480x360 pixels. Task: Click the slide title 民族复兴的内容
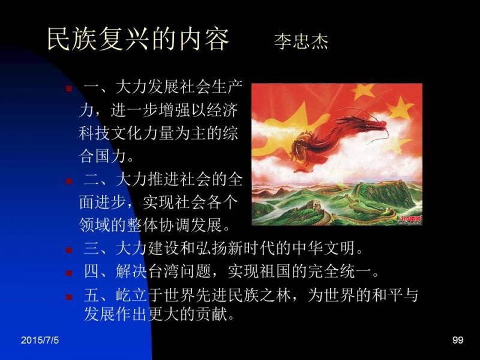pos(138,39)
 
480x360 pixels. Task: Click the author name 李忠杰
pos(301,41)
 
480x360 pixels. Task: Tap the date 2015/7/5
pos(40,340)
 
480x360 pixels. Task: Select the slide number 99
pos(458,340)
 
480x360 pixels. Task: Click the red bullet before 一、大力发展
pos(69,89)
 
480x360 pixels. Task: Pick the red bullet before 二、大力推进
pos(69,181)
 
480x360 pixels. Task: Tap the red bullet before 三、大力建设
pos(69,250)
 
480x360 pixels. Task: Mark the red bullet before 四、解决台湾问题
pos(69,273)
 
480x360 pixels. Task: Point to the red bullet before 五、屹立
pos(69,296)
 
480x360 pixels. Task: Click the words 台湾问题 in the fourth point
pos(179,271)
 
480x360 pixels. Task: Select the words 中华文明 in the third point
pos(324,248)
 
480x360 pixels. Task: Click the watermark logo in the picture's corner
pos(411,220)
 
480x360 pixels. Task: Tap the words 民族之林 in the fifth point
pos(259,295)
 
